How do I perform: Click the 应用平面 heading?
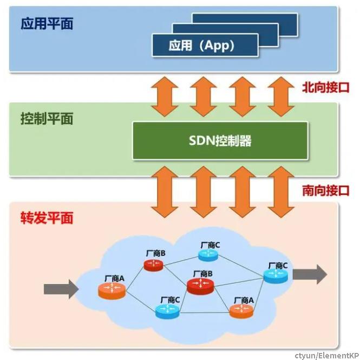click(47, 23)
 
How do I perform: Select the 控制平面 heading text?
click(47, 119)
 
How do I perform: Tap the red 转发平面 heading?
click(47, 218)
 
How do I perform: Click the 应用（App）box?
click(205, 45)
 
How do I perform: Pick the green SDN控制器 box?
click(220, 141)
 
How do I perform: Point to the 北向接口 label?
click(325, 88)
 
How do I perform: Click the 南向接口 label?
click(325, 191)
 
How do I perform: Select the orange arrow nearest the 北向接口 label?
click(281, 96)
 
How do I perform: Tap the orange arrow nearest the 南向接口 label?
click(281, 192)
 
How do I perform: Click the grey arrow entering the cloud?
click(61, 289)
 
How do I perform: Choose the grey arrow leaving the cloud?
click(310, 274)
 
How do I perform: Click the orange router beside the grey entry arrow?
click(112, 291)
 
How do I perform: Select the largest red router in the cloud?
click(200, 286)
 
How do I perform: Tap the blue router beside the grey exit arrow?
click(276, 276)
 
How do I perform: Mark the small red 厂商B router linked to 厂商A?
click(154, 265)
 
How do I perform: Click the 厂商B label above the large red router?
click(202, 274)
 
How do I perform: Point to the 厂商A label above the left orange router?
click(114, 279)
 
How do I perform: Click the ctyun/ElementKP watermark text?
click(327, 356)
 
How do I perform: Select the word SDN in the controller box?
click(201, 140)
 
